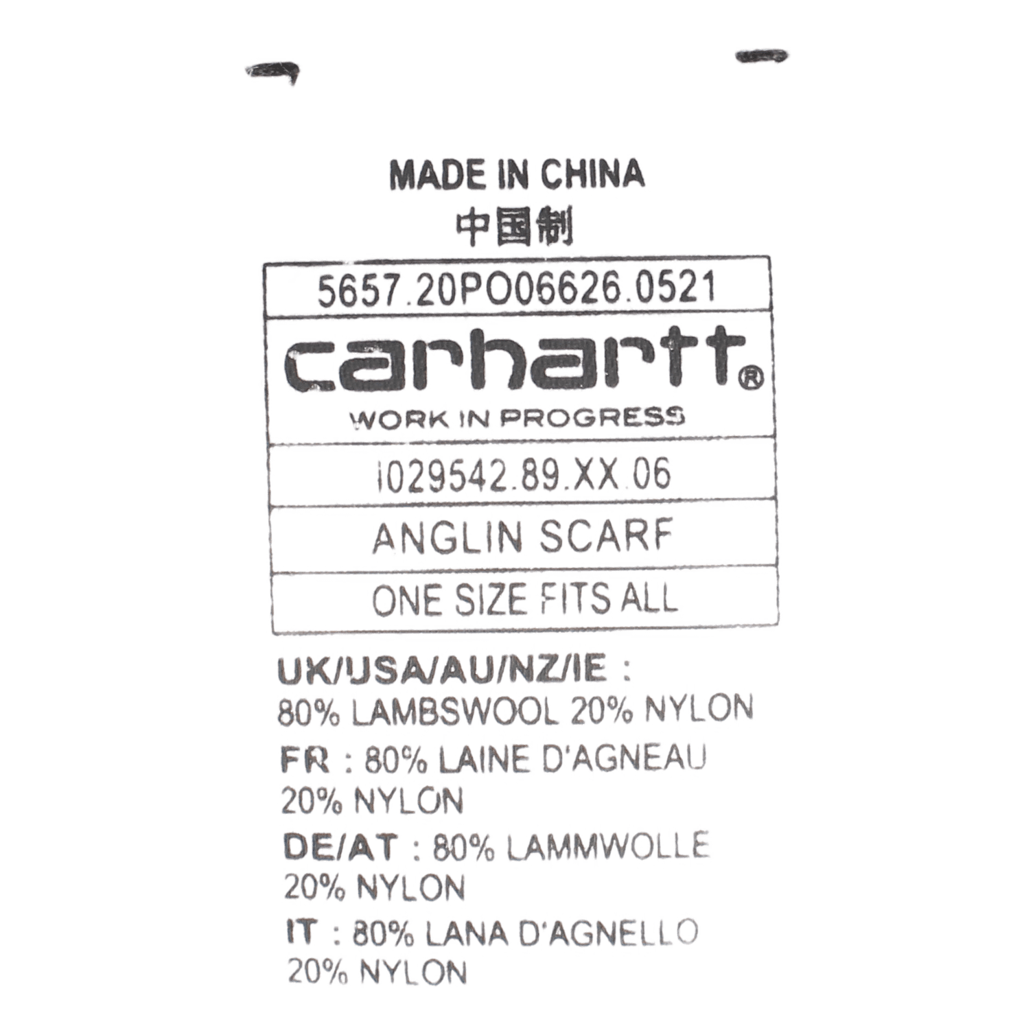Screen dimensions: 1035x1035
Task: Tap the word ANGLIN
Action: (x=443, y=537)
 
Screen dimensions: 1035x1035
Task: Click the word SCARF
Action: (x=603, y=537)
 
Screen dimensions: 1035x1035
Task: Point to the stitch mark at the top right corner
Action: (x=761, y=57)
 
